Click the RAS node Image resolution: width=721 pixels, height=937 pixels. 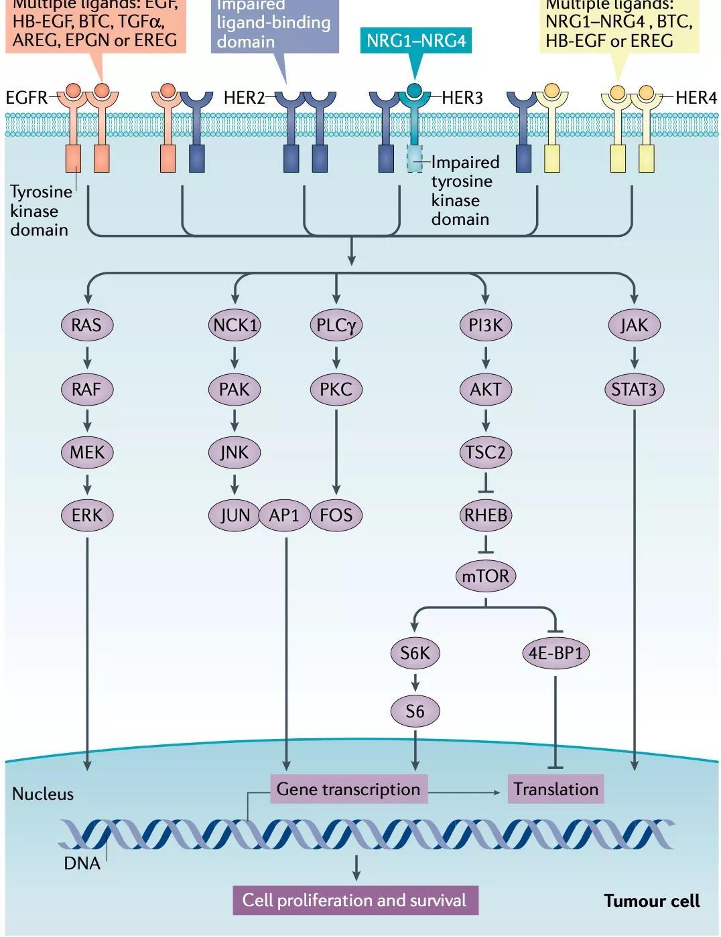[86, 325]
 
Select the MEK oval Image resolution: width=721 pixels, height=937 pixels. [87, 452]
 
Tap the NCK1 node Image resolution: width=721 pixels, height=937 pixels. [235, 325]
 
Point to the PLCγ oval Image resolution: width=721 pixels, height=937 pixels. [336, 325]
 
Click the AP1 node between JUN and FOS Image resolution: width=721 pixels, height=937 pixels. [284, 515]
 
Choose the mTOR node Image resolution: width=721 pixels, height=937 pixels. [486, 576]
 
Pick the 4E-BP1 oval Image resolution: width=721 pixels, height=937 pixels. [555, 653]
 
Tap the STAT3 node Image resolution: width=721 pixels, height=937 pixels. [634, 389]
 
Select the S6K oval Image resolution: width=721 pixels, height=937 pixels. [415, 653]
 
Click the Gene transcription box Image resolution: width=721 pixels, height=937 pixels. [348, 789]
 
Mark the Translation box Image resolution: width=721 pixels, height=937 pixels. [556, 789]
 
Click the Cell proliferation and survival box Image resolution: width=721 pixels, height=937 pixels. [355, 900]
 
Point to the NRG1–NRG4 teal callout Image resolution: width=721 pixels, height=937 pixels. [415, 41]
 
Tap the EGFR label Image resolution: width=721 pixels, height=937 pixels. [26, 98]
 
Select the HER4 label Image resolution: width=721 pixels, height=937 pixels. [696, 98]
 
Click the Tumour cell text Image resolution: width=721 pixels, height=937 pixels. [651, 901]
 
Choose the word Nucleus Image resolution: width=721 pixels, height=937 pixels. [43, 794]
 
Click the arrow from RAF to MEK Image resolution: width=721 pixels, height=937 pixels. [87, 420]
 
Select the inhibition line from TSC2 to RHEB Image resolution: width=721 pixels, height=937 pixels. [486, 483]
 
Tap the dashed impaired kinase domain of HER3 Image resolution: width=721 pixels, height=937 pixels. [415, 159]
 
